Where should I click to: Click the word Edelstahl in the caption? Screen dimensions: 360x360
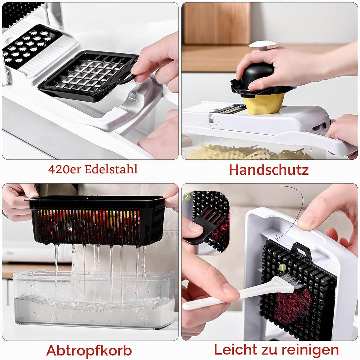pos(111,169)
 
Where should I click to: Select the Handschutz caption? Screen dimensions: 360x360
pos(269,170)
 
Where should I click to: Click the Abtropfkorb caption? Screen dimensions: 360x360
pos(89,350)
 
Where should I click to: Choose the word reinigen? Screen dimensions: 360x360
pos(310,350)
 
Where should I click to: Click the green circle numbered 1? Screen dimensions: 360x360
pos(282,267)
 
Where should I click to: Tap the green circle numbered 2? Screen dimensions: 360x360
pos(187,197)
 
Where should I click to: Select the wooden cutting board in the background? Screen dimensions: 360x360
pos(217,23)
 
